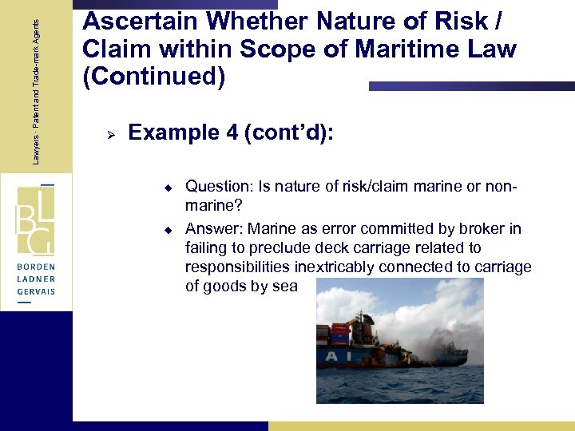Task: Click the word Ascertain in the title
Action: [x=132, y=22]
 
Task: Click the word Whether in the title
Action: [x=235, y=22]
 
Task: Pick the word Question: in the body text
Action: [x=216, y=187]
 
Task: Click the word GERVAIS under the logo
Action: [x=36, y=293]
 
